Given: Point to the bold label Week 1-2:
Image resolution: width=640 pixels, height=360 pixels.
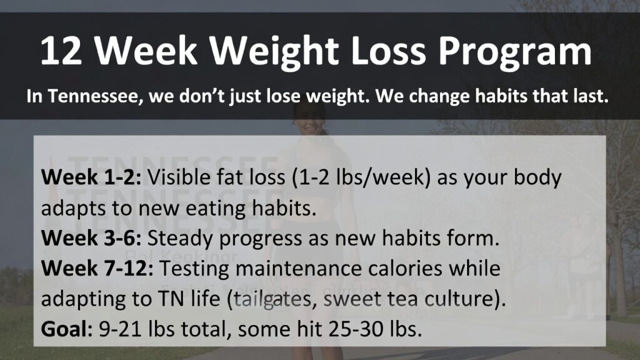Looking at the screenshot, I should (x=92, y=178).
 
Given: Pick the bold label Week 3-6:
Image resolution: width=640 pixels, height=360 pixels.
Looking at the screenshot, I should (x=92, y=238).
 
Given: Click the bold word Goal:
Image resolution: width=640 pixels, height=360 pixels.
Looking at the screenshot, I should (x=67, y=328).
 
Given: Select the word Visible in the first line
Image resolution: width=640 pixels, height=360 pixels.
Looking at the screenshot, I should (x=179, y=178).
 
